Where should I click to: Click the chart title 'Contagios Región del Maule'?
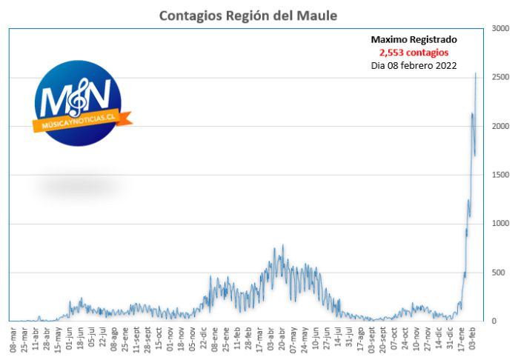pos(248,16)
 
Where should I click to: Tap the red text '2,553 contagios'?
pos(414,53)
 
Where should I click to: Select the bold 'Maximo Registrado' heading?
pos(414,40)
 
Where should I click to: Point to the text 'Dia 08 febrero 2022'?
pos(414,65)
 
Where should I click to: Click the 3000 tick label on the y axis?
pos(500,28)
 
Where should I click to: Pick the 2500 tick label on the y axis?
pos(500,77)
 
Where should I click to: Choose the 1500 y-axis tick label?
pos(500,175)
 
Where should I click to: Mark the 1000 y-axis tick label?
pos(500,224)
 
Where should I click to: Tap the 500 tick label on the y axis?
pos(499,273)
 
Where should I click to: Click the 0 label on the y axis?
pos(494,321)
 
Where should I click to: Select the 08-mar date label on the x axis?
pos(13,339)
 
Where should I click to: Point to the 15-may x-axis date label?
pos(58,339)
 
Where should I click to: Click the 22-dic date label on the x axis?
pos(204,339)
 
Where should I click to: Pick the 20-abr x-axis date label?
pos(282,339)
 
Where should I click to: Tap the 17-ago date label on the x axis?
pos(360,339)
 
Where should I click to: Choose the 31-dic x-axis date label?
pos(450,339)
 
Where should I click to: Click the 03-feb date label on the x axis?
pos(472,339)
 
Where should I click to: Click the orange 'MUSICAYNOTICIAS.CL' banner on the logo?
pos(82,121)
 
